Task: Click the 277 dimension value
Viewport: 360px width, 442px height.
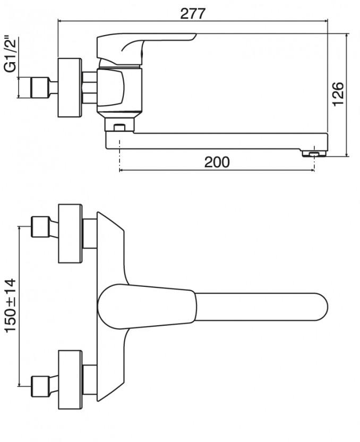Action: point(193,13)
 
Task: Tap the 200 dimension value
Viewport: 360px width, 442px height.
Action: point(217,162)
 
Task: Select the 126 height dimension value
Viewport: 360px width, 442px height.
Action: point(338,94)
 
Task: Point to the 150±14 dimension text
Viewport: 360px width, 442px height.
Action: point(11,305)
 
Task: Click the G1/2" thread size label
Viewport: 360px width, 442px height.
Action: point(11,54)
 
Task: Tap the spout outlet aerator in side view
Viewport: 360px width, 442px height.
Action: point(313,154)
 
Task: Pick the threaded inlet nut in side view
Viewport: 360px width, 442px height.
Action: point(39,87)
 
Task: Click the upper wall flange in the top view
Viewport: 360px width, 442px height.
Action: point(70,234)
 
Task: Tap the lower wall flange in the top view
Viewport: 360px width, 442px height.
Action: point(70,379)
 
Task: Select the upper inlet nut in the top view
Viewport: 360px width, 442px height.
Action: point(40,227)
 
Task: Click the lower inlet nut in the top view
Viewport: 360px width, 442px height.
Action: point(40,386)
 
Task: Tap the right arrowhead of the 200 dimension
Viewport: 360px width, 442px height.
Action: point(312,170)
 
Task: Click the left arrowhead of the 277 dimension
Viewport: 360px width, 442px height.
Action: point(60,21)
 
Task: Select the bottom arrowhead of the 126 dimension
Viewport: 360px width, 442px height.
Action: point(347,154)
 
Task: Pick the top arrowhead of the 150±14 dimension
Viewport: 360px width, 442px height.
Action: point(19,228)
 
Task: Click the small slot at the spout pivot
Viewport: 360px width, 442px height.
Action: point(119,127)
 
